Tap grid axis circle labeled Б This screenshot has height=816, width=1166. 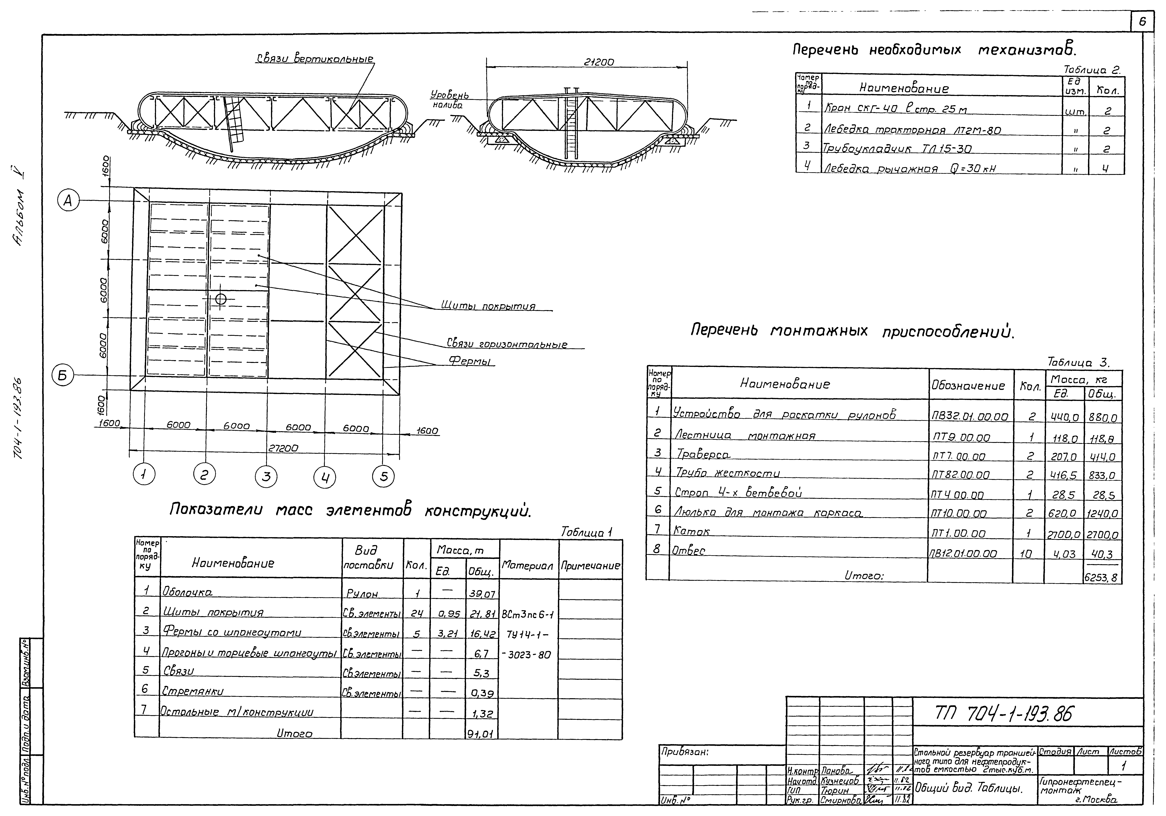(x=63, y=376)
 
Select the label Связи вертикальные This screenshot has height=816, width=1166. (x=315, y=59)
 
